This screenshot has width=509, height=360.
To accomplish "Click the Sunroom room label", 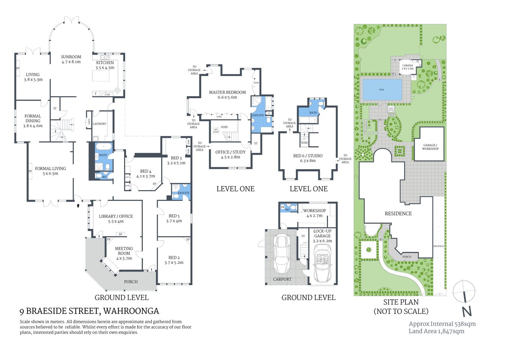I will (71, 59).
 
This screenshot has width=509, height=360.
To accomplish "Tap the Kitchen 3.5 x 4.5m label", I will (105, 65).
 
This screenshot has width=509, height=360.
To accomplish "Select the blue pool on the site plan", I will (382, 90).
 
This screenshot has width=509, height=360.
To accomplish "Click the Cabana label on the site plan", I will (407, 67).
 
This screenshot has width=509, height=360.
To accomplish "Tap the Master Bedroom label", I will (227, 94).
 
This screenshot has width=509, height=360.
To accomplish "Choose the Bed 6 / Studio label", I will (308, 158).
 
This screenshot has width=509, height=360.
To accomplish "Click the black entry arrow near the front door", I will (78, 205).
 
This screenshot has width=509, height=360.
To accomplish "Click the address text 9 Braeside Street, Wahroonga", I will (89, 311).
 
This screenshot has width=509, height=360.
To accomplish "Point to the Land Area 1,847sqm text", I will (436, 331).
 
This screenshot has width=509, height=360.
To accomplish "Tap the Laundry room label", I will (99, 124).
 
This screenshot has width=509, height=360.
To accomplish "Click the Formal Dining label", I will (33, 121).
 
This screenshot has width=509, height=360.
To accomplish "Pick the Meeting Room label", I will (124, 253).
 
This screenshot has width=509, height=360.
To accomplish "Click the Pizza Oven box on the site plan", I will (391, 109).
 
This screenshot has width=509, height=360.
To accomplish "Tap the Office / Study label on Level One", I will (230, 154).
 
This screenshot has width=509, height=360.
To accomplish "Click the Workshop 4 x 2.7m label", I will (314, 213).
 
